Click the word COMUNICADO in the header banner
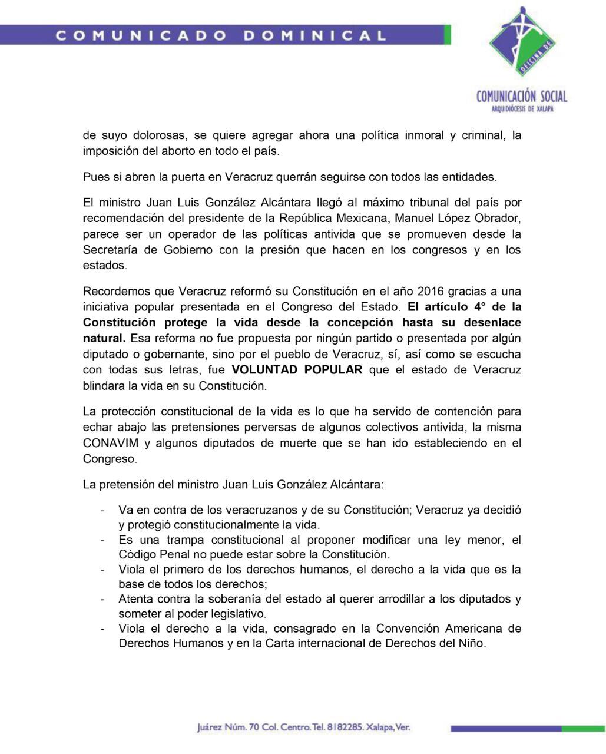[x=141, y=35]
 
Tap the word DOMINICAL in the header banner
[x=316, y=35]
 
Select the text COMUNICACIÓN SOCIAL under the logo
[x=522, y=96]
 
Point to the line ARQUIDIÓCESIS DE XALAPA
[x=522, y=109]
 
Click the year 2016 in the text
[x=431, y=292]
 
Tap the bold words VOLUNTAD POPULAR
[x=297, y=370]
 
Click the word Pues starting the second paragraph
[x=95, y=177]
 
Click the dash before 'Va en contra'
[x=103, y=510]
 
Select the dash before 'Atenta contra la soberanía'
[x=103, y=599]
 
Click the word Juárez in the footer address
[x=210, y=727]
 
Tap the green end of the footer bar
[x=583, y=729]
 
